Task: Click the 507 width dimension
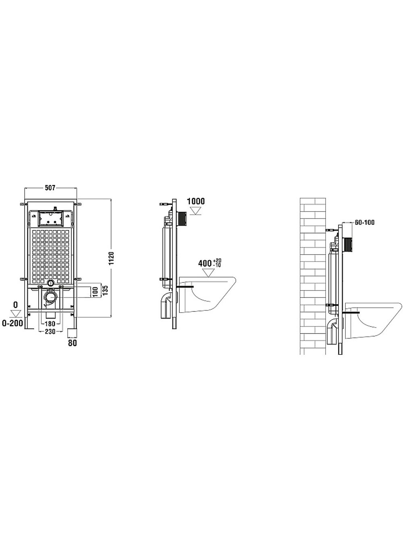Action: (x=50, y=188)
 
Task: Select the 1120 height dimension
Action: (x=112, y=258)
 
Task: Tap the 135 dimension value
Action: (x=106, y=290)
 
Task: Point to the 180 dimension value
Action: (x=50, y=323)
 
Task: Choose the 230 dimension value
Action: (x=50, y=332)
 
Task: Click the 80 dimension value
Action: (x=73, y=343)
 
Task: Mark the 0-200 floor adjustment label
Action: (x=13, y=323)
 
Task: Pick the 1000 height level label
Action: (x=196, y=201)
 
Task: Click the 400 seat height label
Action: (x=205, y=263)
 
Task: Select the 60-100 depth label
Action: (x=365, y=223)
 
